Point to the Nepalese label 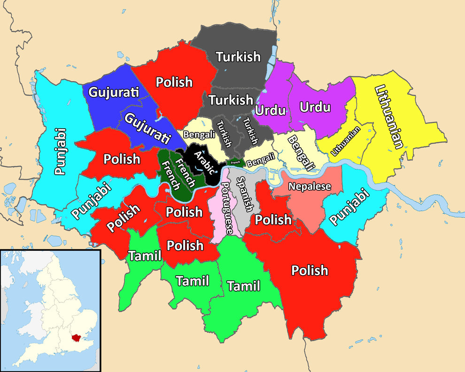coord(310,186)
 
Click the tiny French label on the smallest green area coord(235,163)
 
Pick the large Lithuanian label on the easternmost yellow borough coord(389,117)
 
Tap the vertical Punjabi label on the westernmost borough coord(60,152)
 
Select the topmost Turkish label coord(238,57)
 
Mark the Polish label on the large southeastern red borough coord(310,270)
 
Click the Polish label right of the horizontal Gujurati coord(174,82)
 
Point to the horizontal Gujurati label coord(114,92)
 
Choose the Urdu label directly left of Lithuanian coord(315,107)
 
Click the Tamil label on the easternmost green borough coord(243,286)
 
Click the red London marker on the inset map coord(74,337)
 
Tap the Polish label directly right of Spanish coord(273,219)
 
